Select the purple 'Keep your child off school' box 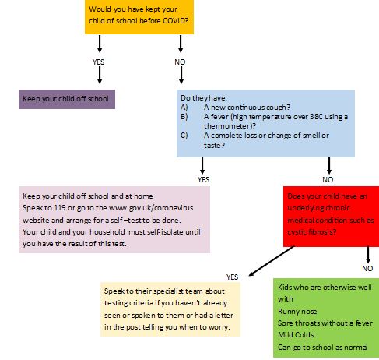pyautogui.click(x=67, y=99)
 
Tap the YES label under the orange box pyautogui.click(x=98, y=62)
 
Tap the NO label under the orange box pyautogui.click(x=180, y=62)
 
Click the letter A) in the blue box pyautogui.click(x=184, y=108)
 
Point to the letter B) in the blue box pyautogui.click(x=184, y=117)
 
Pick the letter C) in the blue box pyautogui.click(x=184, y=136)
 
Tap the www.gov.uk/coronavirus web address pyautogui.click(x=151, y=208)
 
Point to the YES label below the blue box pyautogui.click(x=203, y=179)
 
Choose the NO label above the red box pyautogui.click(x=328, y=179)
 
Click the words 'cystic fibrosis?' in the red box pyautogui.click(x=312, y=231)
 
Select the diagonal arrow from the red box pyautogui.click(x=272, y=261)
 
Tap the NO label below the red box pyautogui.click(x=367, y=268)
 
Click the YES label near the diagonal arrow pyautogui.click(x=232, y=277)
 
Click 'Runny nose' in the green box pyautogui.click(x=297, y=311)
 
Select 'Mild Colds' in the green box pyautogui.click(x=296, y=335)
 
